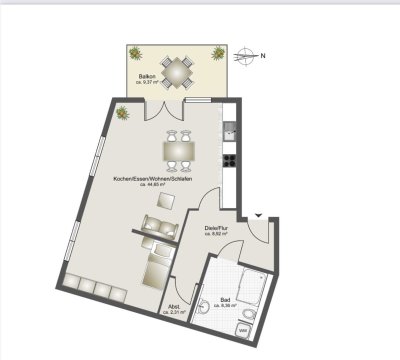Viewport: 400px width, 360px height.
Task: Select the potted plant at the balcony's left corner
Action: [x=135, y=53]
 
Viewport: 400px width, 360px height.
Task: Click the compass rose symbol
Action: [x=246, y=55]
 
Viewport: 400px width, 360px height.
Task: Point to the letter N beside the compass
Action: [x=263, y=55]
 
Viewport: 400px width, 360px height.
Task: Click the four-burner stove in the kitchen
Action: [x=229, y=157]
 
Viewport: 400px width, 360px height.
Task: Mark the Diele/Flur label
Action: [x=218, y=229]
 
